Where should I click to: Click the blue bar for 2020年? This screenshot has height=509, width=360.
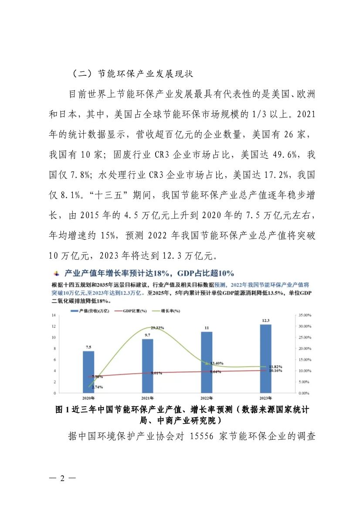(x=88, y=372)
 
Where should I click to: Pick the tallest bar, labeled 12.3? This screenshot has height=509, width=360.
(x=265, y=358)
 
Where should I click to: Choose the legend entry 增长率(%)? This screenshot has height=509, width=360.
(x=170, y=312)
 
